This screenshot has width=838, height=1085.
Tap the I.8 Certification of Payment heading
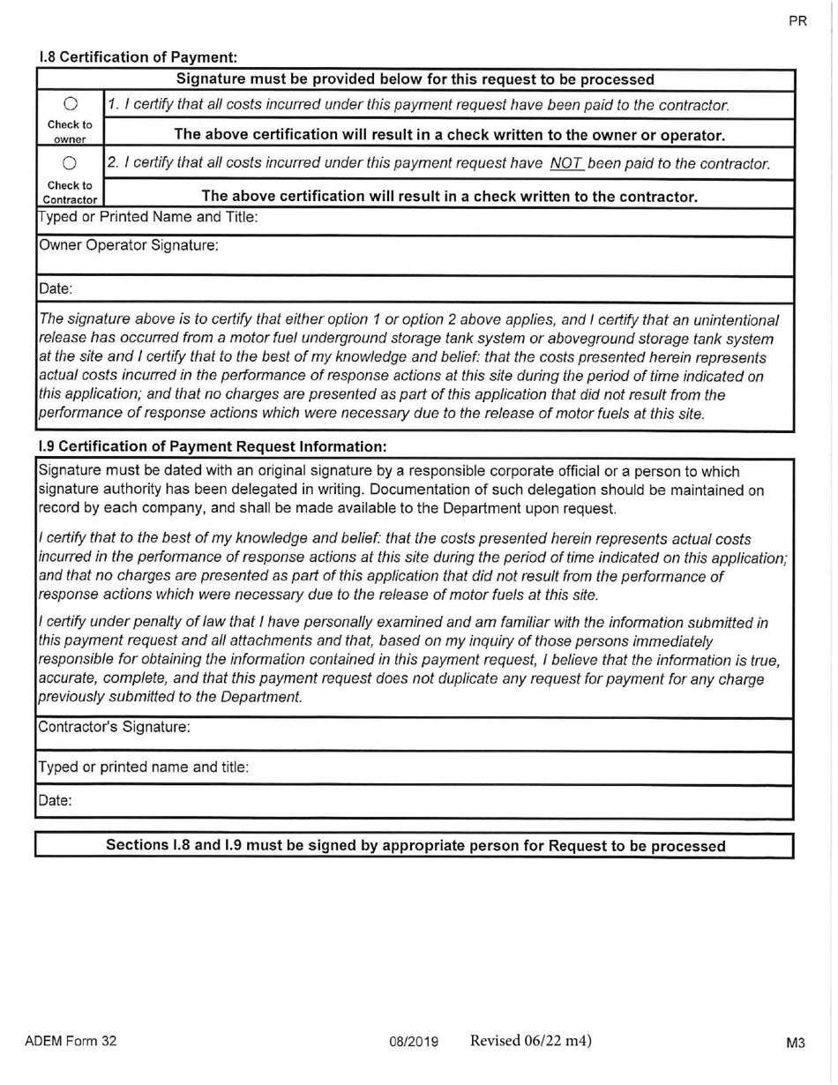click(x=139, y=57)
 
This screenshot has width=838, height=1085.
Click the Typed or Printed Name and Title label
click(x=148, y=217)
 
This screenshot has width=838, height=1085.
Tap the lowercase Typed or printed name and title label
click(x=143, y=767)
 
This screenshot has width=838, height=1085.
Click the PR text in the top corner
click(x=797, y=22)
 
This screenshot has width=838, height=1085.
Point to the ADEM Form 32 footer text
click(x=71, y=1041)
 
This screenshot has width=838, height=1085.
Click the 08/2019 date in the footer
click(x=414, y=1042)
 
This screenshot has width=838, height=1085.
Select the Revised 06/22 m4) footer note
click(x=530, y=1040)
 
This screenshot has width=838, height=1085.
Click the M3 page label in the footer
click(x=796, y=1043)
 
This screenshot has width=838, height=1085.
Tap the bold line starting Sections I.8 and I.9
click(x=415, y=845)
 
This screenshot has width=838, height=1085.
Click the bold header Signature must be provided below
click(x=415, y=79)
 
